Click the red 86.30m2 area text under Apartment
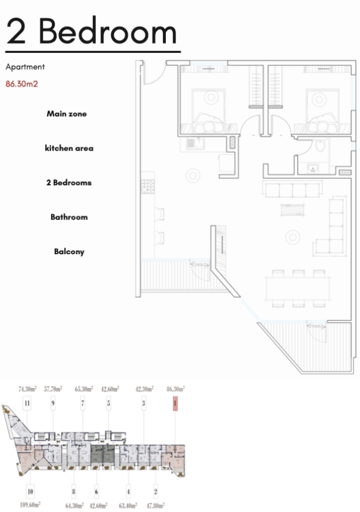click(x=22, y=84)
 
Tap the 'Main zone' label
click(x=66, y=114)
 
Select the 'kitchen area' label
click(x=69, y=148)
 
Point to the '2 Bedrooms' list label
click(x=69, y=182)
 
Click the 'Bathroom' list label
click(x=69, y=217)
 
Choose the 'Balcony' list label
click(x=69, y=252)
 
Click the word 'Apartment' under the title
click(x=25, y=67)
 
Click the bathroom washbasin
click(x=313, y=168)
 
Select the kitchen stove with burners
click(x=148, y=187)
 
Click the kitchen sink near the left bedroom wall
click(x=195, y=143)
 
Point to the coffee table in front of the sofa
click(x=293, y=210)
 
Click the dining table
click(x=298, y=288)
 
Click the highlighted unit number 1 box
click(x=175, y=404)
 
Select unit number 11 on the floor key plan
click(x=27, y=404)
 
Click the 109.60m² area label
click(x=31, y=505)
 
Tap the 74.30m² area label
click(x=28, y=389)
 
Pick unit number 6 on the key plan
click(x=96, y=492)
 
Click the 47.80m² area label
click(x=155, y=506)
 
